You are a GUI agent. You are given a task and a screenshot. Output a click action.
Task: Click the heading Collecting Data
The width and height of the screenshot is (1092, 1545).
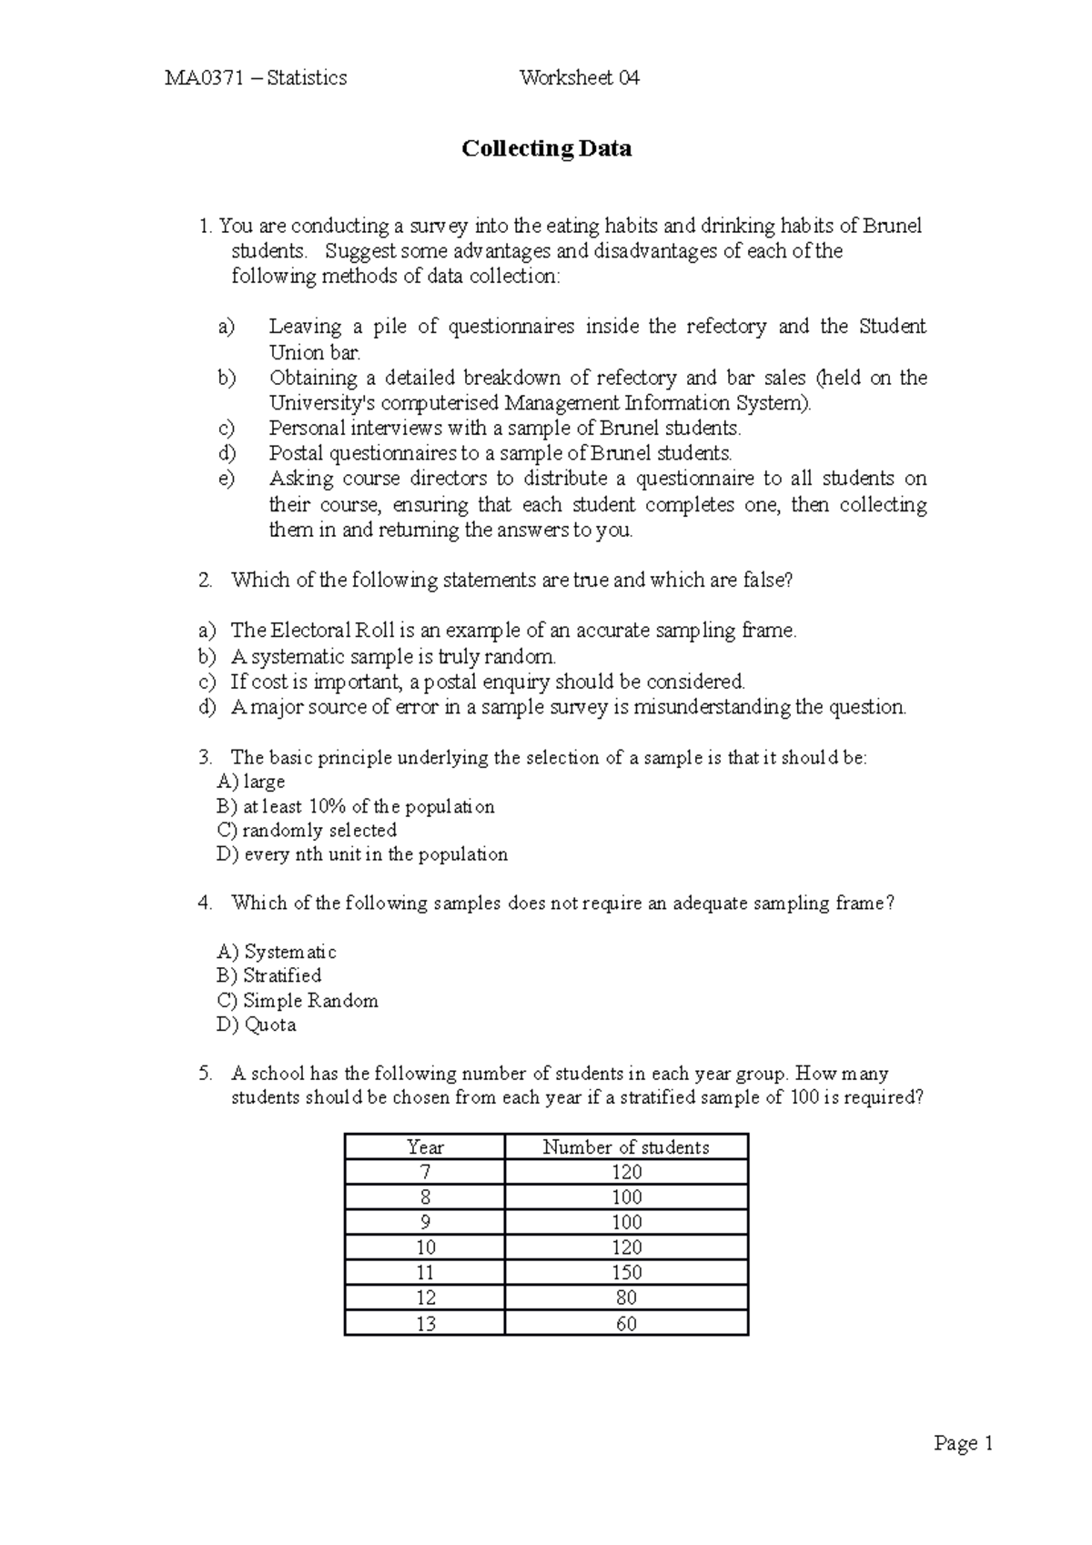tap(546, 148)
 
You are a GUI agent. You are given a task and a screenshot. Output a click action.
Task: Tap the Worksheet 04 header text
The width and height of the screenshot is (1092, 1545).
tap(579, 78)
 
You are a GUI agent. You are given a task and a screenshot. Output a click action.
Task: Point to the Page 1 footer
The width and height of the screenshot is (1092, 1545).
tap(963, 1443)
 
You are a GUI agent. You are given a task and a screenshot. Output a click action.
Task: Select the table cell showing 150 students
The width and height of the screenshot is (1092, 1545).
tap(626, 1272)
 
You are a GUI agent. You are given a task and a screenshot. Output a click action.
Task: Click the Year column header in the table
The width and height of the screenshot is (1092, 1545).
tap(425, 1147)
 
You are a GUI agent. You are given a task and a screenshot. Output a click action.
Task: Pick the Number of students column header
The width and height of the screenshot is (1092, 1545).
tap(626, 1147)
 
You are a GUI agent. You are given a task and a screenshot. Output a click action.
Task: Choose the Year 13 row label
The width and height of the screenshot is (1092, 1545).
tap(425, 1324)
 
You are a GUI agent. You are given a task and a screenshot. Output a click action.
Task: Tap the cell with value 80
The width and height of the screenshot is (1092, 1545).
tap(626, 1298)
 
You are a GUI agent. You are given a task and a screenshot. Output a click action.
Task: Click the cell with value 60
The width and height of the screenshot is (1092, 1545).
tap(626, 1324)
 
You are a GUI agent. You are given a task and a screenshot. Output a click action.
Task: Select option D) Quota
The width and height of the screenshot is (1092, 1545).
tap(257, 1025)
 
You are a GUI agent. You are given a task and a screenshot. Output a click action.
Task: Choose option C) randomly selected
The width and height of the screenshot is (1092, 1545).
tap(307, 830)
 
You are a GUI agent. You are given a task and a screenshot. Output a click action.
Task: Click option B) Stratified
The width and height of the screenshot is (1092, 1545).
tap(268, 975)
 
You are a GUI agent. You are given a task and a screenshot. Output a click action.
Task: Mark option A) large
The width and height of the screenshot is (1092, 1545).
tap(251, 782)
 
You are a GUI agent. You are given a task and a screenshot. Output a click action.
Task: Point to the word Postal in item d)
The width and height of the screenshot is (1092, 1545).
tap(296, 453)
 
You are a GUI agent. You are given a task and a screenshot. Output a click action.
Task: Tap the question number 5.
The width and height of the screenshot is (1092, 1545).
tap(205, 1074)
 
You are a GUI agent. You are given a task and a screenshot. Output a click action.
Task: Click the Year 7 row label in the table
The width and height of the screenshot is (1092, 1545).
tap(425, 1172)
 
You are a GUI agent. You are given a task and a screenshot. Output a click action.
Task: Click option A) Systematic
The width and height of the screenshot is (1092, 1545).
tap(277, 952)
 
